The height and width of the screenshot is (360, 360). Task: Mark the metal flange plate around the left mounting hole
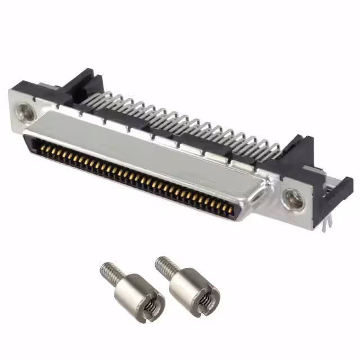(20, 121)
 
